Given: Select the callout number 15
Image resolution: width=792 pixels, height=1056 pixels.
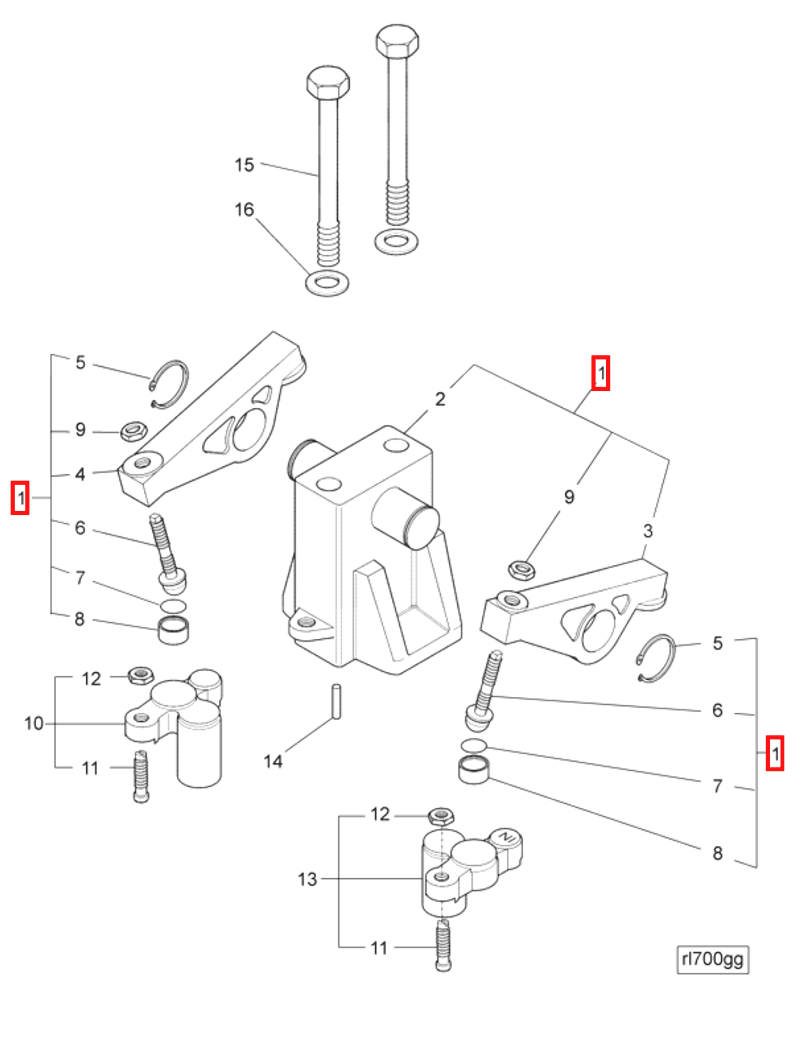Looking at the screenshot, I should (x=244, y=165).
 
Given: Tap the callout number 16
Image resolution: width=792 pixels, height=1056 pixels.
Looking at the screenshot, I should (x=244, y=209).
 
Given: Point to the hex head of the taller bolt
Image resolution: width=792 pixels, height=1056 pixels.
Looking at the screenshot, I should (x=397, y=41).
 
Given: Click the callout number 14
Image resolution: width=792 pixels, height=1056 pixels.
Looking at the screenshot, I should (x=273, y=761).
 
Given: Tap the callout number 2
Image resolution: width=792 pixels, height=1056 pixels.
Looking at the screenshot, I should (x=440, y=399).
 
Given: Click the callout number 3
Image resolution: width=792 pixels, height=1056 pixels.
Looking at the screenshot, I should (x=647, y=530).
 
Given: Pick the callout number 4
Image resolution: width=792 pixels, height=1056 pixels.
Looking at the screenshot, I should (x=80, y=474).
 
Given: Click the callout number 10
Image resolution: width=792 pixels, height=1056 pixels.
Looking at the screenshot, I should (x=34, y=723).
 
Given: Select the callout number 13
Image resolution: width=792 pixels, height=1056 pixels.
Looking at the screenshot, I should (x=307, y=879).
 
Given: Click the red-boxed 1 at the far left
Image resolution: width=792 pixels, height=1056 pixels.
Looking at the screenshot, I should (x=21, y=498).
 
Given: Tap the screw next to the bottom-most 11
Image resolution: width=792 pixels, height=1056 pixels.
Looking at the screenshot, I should (x=443, y=946).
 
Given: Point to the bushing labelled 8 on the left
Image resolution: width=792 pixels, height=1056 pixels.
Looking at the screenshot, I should (x=173, y=630).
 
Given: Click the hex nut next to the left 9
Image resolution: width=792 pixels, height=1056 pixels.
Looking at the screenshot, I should (x=133, y=431).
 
